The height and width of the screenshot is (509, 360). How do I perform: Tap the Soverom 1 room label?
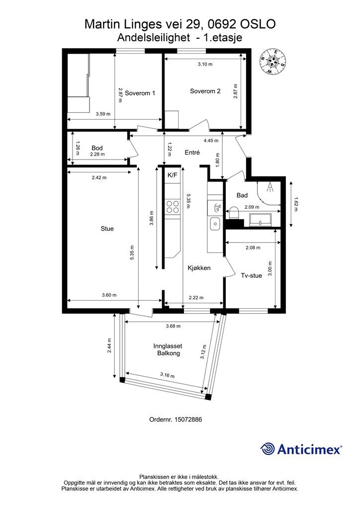[x=140, y=93]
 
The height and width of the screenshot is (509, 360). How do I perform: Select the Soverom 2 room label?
[x=205, y=91]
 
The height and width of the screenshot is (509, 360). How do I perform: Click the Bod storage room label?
[x=97, y=148]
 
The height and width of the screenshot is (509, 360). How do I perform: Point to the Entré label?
[x=192, y=152]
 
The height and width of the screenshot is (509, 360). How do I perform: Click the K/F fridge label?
[x=173, y=175]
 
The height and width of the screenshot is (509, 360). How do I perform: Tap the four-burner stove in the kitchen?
[x=173, y=206]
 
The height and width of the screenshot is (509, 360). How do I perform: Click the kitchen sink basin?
[x=215, y=223]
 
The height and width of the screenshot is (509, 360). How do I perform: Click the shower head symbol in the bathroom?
[x=270, y=187]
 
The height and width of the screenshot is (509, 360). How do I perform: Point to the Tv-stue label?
[x=251, y=275]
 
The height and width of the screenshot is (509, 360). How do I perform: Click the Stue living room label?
[x=107, y=229]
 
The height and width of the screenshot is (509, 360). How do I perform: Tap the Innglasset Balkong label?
[x=168, y=349]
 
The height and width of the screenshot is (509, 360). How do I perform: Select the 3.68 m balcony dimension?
[x=173, y=326]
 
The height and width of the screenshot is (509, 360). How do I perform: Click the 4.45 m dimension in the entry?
[x=211, y=141]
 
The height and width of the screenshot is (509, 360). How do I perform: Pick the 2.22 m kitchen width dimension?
[x=196, y=297]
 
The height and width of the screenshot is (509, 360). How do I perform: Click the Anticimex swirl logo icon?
[x=268, y=449]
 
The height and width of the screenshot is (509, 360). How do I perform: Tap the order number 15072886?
[x=188, y=420]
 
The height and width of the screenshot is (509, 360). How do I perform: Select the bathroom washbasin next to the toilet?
[x=261, y=219]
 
